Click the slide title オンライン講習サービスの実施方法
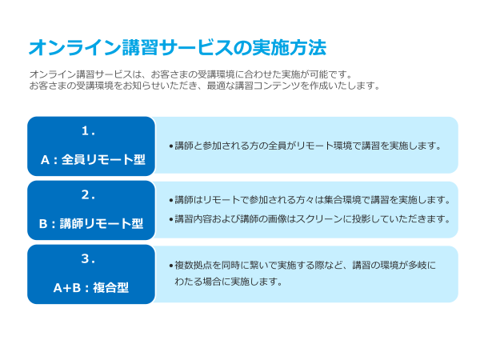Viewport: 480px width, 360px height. click(x=178, y=48)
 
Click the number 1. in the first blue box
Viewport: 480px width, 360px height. click(x=88, y=131)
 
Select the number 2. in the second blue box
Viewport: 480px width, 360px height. click(x=88, y=194)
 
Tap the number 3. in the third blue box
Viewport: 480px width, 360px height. click(x=88, y=259)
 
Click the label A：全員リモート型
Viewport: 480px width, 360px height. click(x=93, y=159)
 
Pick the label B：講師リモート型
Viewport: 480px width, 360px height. click(x=91, y=223)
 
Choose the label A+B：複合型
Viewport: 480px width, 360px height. click(x=91, y=288)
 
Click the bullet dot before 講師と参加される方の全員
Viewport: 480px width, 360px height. click(x=171, y=146)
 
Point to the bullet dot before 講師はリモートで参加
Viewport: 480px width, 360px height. click(x=171, y=201)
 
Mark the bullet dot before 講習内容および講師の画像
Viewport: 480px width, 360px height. click(x=171, y=220)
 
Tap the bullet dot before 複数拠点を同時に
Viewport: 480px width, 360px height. click(x=171, y=266)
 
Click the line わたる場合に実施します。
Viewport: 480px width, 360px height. click(x=229, y=281)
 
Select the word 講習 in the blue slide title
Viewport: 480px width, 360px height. click(x=140, y=48)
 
